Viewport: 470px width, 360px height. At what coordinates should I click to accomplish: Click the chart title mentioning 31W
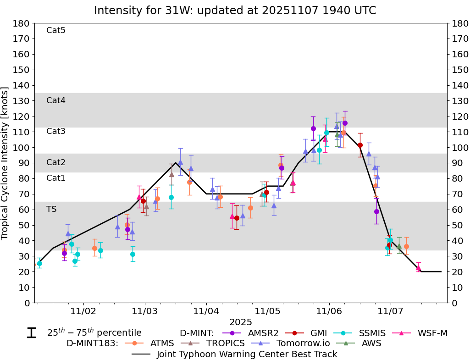235,11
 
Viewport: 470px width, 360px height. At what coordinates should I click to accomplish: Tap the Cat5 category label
56,31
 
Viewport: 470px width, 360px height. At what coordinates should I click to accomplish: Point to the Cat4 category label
56,100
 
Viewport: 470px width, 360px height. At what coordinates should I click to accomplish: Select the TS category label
51,209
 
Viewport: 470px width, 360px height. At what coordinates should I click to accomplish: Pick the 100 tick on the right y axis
459,148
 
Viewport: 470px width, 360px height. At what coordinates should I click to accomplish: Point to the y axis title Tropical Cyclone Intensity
6,163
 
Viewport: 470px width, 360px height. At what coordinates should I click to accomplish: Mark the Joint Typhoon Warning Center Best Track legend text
247,354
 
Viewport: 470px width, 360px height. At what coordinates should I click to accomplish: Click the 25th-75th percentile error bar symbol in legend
32,333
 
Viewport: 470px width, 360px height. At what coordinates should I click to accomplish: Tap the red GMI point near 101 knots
360,145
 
